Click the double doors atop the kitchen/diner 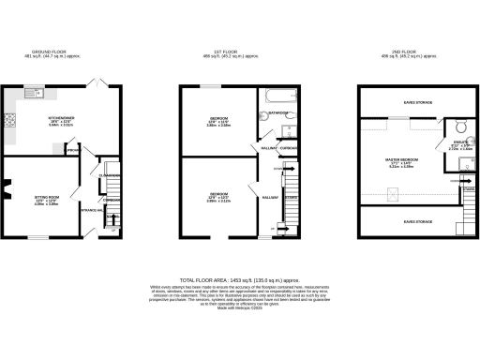(94, 83)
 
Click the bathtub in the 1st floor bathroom (278, 96)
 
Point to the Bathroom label (277, 113)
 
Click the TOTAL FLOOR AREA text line (239, 280)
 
